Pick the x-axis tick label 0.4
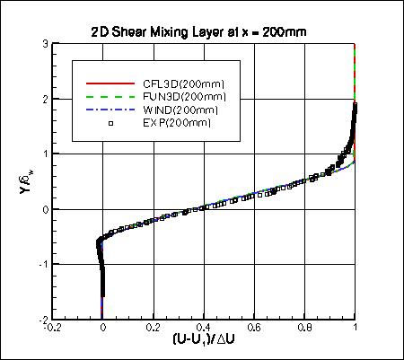(x=205, y=329)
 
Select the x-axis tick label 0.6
(x=255, y=329)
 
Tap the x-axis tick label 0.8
(x=305, y=329)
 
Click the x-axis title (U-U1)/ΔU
(x=204, y=343)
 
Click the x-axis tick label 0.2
(x=154, y=329)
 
